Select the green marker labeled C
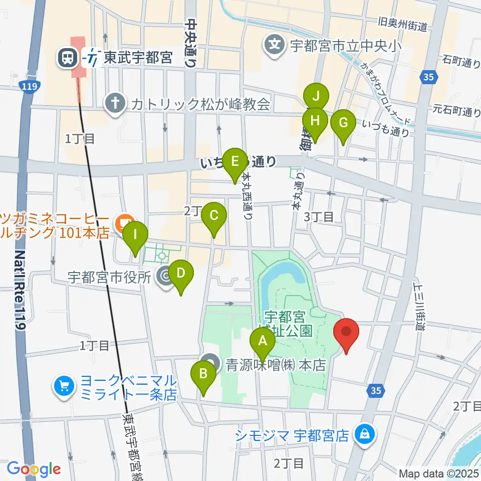(214, 216)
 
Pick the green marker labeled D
(181, 274)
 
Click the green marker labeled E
(234, 162)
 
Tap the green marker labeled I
(135, 234)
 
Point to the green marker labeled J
(316, 96)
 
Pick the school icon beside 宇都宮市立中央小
(275, 46)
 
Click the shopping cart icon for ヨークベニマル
(64, 387)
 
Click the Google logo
(34, 469)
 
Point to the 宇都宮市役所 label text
(109, 277)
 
